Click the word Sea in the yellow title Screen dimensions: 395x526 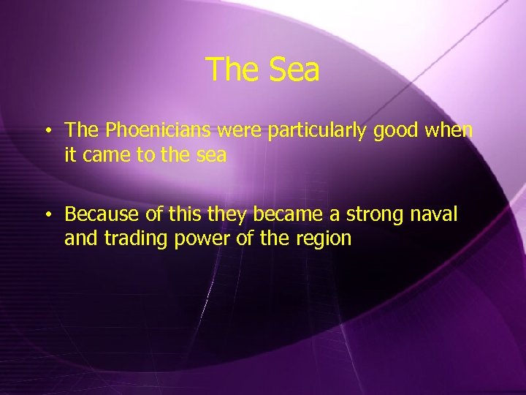pos(295,70)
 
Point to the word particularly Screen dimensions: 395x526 pos(318,131)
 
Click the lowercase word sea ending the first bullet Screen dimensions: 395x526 pos(212,154)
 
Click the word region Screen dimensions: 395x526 pos(324,238)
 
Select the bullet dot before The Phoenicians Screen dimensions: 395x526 pos(47,132)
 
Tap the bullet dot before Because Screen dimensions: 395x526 pos(47,216)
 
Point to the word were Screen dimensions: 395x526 pos(243,131)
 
